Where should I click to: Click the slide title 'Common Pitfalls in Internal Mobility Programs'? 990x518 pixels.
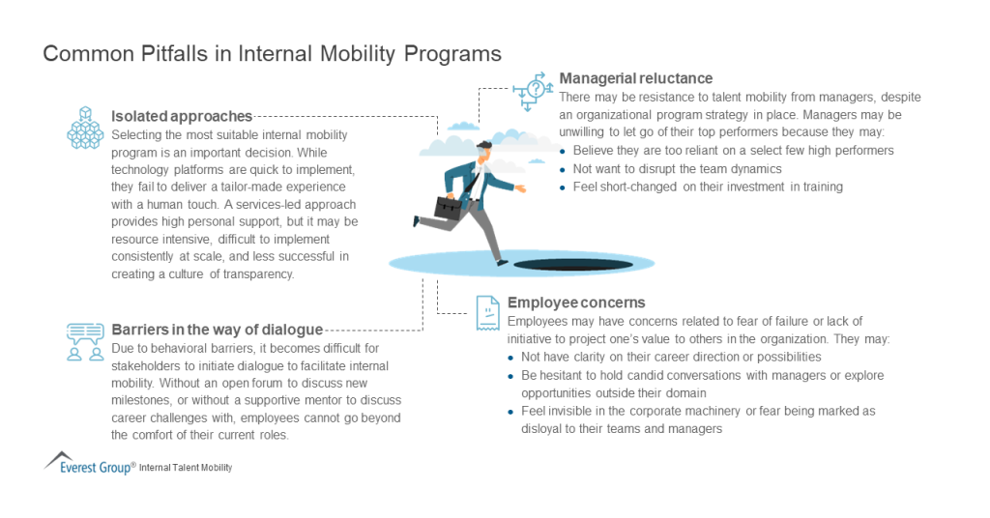pyautogui.click(x=272, y=54)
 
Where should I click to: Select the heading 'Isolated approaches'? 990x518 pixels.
pyautogui.click(x=182, y=117)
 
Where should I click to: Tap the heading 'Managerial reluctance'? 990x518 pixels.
pyautogui.click(x=635, y=78)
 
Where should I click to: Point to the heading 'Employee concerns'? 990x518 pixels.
pyautogui.click(x=576, y=302)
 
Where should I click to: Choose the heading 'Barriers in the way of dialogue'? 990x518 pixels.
pyautogui.click(x=217, y=330)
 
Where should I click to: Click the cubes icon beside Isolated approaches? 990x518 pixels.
pyautogui.click(x=84, y=129)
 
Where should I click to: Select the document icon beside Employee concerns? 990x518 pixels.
pyautogui.click(x=486, y=310)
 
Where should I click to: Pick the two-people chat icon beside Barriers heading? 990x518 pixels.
pyautogui.click(x=84, y=341)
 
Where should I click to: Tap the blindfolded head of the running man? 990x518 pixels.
pyautogui.click(x=482, y=154)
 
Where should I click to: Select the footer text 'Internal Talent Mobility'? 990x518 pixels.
pyautogui.click(x=186, y=468)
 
